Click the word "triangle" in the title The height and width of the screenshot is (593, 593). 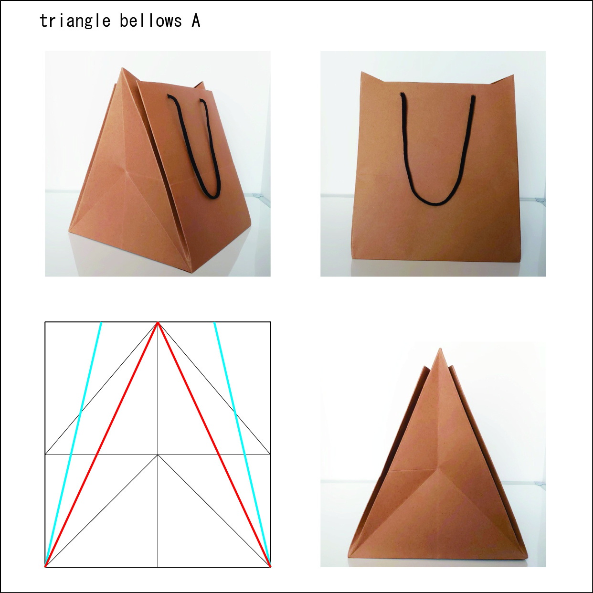coord(75,21)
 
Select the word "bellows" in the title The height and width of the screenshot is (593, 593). coord(151,21)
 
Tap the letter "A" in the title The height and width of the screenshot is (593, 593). coord(196,21)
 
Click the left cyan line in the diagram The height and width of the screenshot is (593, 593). coord(73,444)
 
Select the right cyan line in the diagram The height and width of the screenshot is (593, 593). coord(242,444)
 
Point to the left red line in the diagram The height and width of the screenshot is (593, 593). coord(101,444)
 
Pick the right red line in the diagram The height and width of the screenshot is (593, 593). coord(214,444)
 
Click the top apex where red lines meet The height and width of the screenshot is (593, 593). coord(158,322)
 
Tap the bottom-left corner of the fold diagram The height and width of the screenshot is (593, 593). coord(45,567)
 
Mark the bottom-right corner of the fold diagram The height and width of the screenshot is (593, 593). coord(271,567)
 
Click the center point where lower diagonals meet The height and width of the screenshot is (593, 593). coord(158,455)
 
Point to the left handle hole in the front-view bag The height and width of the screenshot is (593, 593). coord(402,94)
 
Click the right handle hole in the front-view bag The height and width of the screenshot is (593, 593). coord(473,97)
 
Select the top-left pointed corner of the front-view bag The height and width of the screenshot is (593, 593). coord(361,72)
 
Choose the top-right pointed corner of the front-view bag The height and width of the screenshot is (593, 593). coord(513,75)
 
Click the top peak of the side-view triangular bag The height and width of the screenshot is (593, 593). coord(440,349)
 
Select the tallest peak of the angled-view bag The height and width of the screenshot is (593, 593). coord(122,68)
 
